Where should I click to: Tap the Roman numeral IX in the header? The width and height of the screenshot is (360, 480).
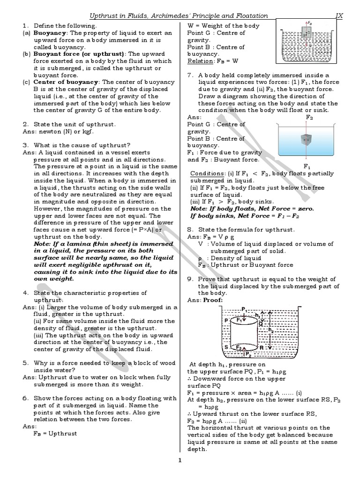[339, 15]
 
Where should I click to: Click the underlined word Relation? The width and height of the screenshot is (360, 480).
[200, 61]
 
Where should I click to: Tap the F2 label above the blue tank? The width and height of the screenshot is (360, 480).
[309, 116]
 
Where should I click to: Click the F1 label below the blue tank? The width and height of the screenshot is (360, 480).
[307, 166]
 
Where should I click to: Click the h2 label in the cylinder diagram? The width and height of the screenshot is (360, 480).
[272, 330]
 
